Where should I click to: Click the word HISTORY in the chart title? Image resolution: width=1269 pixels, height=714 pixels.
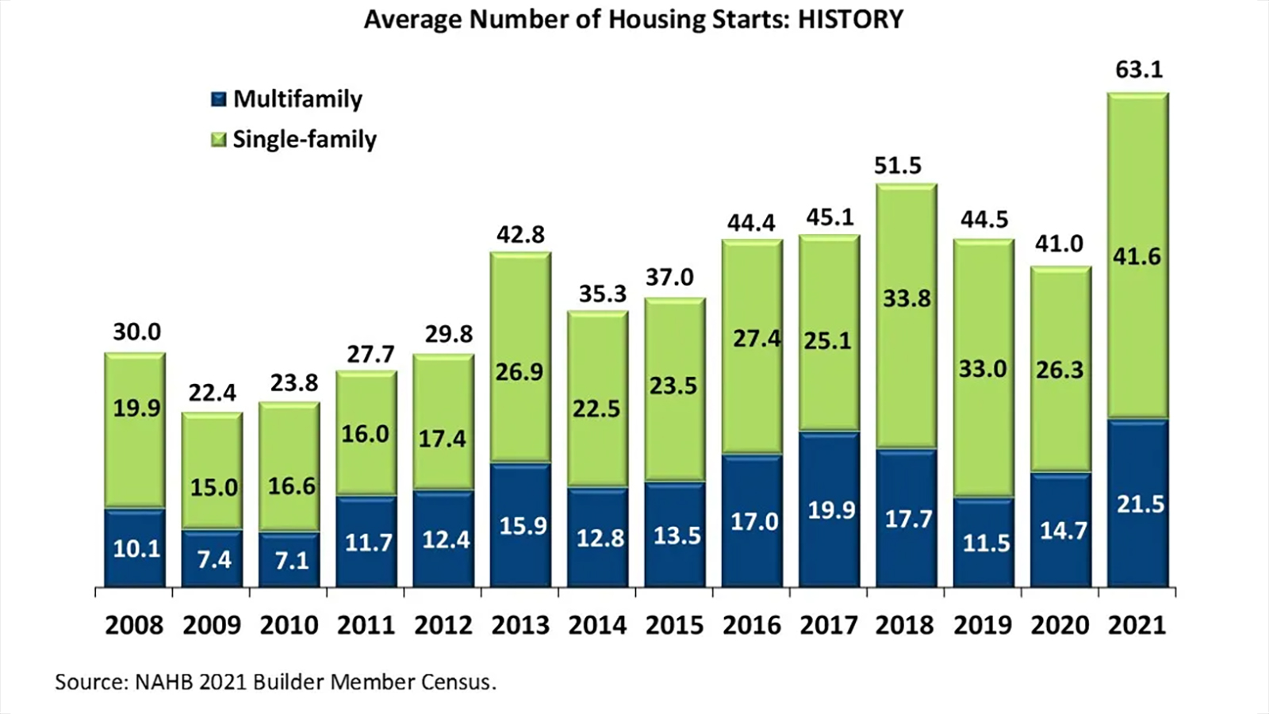(850, 19)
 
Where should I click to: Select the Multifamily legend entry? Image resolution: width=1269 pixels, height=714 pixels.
(286, 99)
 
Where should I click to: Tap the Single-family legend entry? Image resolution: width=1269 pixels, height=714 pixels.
(293, 140)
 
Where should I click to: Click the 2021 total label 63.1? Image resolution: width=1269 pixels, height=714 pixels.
(1139, 70)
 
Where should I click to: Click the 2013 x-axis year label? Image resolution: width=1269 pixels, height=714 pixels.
(520, 625)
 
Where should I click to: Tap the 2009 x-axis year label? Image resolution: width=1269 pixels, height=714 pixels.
(212, 625)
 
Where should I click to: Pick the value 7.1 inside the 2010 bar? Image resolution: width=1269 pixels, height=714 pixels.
(291, 561)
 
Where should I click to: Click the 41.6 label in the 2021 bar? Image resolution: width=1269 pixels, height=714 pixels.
(1137, 256)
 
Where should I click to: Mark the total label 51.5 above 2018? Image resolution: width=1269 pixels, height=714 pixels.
(898, 165)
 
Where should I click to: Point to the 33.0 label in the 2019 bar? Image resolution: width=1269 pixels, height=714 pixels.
(983, 369)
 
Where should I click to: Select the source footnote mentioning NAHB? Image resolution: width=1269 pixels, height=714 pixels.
(275, 682)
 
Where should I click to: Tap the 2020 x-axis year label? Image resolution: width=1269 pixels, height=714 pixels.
(1060, 625)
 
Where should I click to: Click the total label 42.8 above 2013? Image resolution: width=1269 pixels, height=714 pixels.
(520, 235)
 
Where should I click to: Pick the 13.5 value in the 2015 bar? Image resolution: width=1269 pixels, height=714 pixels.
(677, 535)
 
